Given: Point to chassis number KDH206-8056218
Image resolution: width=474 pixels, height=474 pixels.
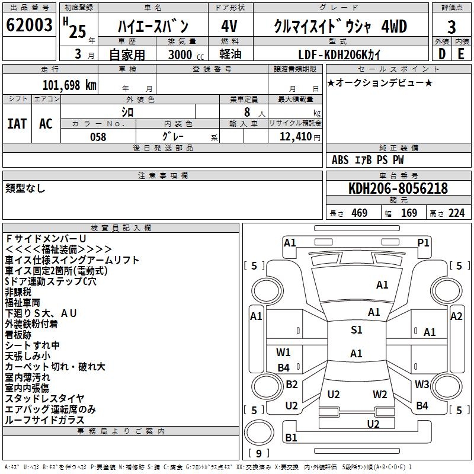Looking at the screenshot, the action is pos(398,189).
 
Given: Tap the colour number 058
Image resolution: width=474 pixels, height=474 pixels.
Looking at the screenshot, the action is pos(98,137).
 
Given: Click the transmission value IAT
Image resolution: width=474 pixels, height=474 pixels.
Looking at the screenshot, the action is pos(17,124).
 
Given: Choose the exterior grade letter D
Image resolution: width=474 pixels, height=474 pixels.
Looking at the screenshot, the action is pos(441,54).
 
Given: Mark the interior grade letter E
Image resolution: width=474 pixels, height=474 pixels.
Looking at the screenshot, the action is pos(461,54).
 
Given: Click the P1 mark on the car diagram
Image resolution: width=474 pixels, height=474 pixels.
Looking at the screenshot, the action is pos(423,242).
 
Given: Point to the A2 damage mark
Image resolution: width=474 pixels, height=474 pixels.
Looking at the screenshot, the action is pos(456,316).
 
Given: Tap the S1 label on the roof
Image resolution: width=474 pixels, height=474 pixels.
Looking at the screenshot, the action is pos(356,331).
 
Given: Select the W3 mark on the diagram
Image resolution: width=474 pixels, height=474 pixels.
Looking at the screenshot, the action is pos(422,385).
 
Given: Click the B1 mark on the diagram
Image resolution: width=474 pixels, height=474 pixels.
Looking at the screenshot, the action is pos(291,438).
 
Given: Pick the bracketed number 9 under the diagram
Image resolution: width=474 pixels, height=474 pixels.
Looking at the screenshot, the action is pos(258,454).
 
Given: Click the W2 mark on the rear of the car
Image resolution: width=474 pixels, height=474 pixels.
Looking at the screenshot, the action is pos(380,394).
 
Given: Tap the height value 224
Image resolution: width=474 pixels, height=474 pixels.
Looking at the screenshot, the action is pos(456,213).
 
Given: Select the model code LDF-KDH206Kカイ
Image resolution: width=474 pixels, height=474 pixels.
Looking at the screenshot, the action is pos(340,55).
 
